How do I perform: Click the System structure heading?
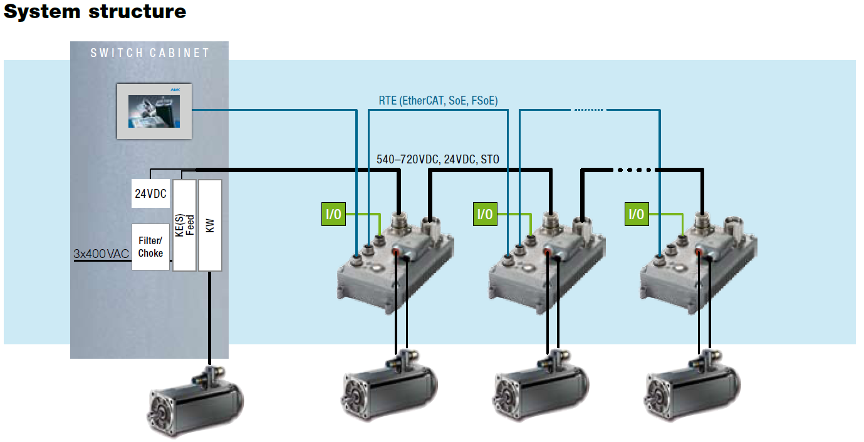coord(95,11)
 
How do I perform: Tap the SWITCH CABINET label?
coord(150,53)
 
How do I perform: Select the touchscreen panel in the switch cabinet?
coord(154,111)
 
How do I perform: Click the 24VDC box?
coord(150,194)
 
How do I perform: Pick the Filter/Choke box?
coord(150,247)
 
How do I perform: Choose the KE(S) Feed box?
coord(184,225)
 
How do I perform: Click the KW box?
coord(210,225)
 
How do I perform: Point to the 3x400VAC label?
coord(100,254)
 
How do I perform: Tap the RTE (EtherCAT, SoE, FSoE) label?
coord(438,100)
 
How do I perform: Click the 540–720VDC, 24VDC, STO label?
coord(438,160)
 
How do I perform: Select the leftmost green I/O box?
coord(333,215)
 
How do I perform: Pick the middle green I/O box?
coord(484,215)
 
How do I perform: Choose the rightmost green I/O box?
coord(636,215)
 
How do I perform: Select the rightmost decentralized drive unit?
coord(697,263)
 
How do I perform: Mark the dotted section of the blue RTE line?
coord(588,110)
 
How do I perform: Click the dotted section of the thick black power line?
coord(635,170)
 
